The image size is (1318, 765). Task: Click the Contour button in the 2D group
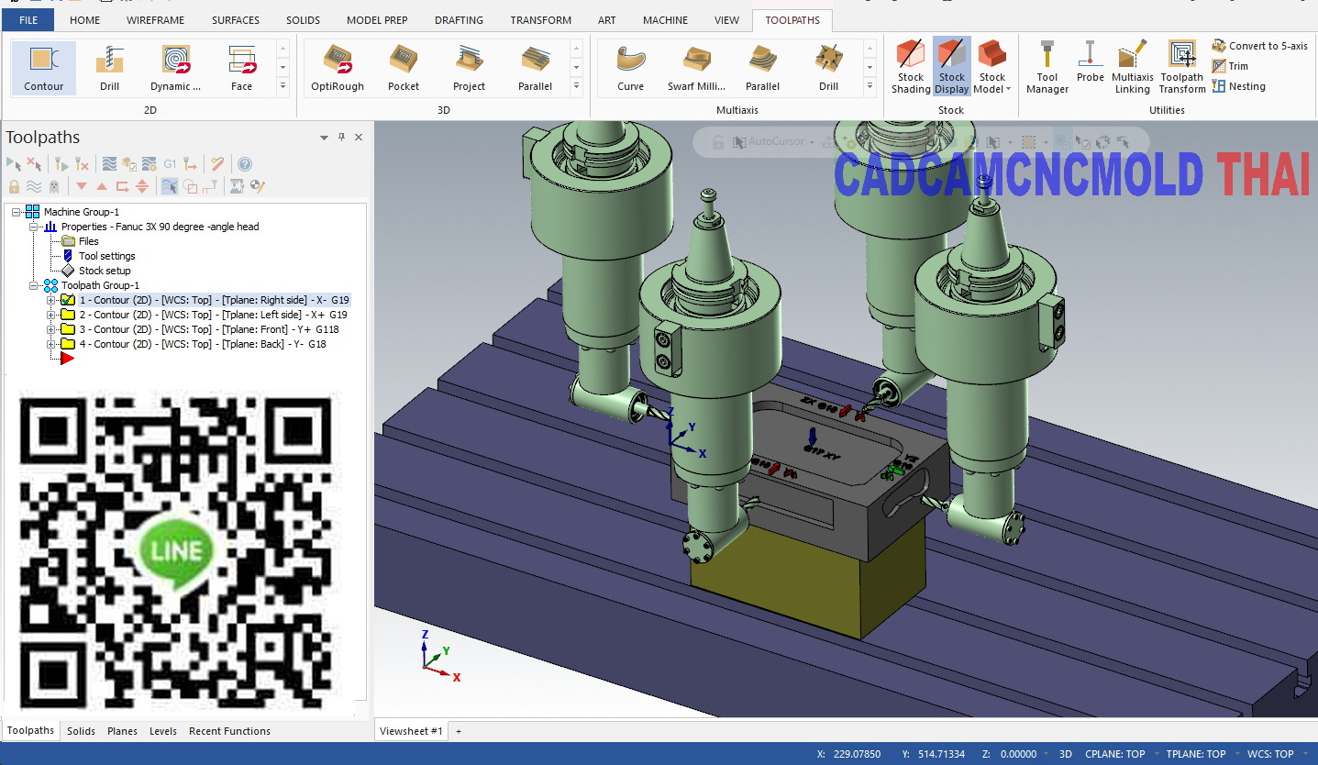tap(43, 69)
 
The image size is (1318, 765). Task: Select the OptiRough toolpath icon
tap(337, 69)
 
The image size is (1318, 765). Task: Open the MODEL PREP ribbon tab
tap(377, 20)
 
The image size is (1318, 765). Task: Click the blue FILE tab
tap(28, 20)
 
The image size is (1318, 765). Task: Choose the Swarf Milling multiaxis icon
tap(696, 69)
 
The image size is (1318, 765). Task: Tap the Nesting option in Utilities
tap(1238, 86)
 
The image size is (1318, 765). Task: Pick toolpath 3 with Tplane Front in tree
tap(208, 329)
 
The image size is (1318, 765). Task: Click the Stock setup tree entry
tap(104, 271)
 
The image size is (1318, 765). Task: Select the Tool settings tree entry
tap(106, 256)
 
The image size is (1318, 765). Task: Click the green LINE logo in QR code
tap(175, 551)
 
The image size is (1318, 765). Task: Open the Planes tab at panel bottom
tap(122, 731)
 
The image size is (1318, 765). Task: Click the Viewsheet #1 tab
tap(411, 731)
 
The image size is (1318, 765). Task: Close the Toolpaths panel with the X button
tap(359, 138)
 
